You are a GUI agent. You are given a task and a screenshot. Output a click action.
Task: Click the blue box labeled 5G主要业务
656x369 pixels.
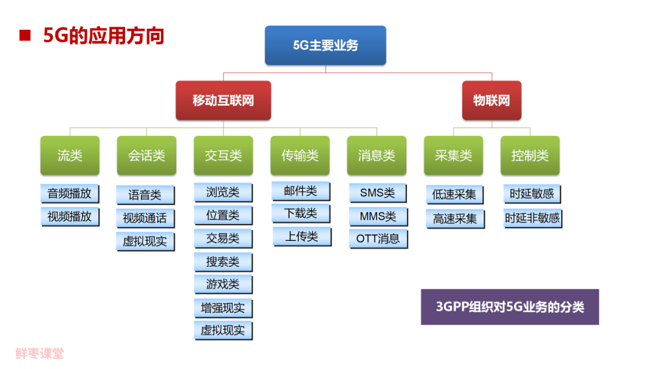click(325, 46)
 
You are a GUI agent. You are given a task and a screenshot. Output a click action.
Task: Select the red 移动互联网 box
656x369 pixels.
click(223, 101)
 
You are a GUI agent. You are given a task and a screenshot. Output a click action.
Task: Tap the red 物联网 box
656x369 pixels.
click(491, 101)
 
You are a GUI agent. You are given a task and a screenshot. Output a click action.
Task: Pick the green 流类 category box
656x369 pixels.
click(70, 156)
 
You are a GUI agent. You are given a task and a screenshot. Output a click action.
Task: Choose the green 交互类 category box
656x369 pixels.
click(223, 156)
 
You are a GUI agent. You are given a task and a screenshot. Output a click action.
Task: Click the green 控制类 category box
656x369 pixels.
click(530, 156)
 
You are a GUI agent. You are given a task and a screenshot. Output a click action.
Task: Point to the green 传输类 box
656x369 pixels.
click(300, 156)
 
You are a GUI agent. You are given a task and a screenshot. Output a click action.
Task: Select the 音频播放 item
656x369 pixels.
click(69, 194)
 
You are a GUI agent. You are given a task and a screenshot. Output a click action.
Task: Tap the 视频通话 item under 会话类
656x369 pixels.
click(145, 218)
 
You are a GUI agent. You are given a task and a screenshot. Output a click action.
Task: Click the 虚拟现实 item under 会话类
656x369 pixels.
click(145, 241)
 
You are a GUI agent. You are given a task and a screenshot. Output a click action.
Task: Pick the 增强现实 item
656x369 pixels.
click(223, 308)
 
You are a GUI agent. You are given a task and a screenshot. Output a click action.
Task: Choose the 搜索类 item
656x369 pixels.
click(223, 262)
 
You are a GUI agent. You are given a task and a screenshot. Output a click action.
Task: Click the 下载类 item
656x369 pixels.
click(301, 214)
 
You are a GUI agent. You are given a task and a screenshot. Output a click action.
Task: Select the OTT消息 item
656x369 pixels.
click(378, 239)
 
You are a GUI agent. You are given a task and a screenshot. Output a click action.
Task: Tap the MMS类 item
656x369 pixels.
click(378, 216)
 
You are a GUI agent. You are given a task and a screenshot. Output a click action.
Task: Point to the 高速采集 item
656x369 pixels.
click(455, 218)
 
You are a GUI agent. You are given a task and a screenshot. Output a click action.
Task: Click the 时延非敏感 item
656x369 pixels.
click(532, 217)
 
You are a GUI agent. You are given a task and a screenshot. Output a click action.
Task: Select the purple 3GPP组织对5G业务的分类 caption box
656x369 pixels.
click(510, 307)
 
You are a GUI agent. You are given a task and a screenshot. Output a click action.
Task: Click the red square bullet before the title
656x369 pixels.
click(25, 35)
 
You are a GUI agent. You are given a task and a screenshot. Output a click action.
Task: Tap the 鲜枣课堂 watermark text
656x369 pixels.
click(39, 353)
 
